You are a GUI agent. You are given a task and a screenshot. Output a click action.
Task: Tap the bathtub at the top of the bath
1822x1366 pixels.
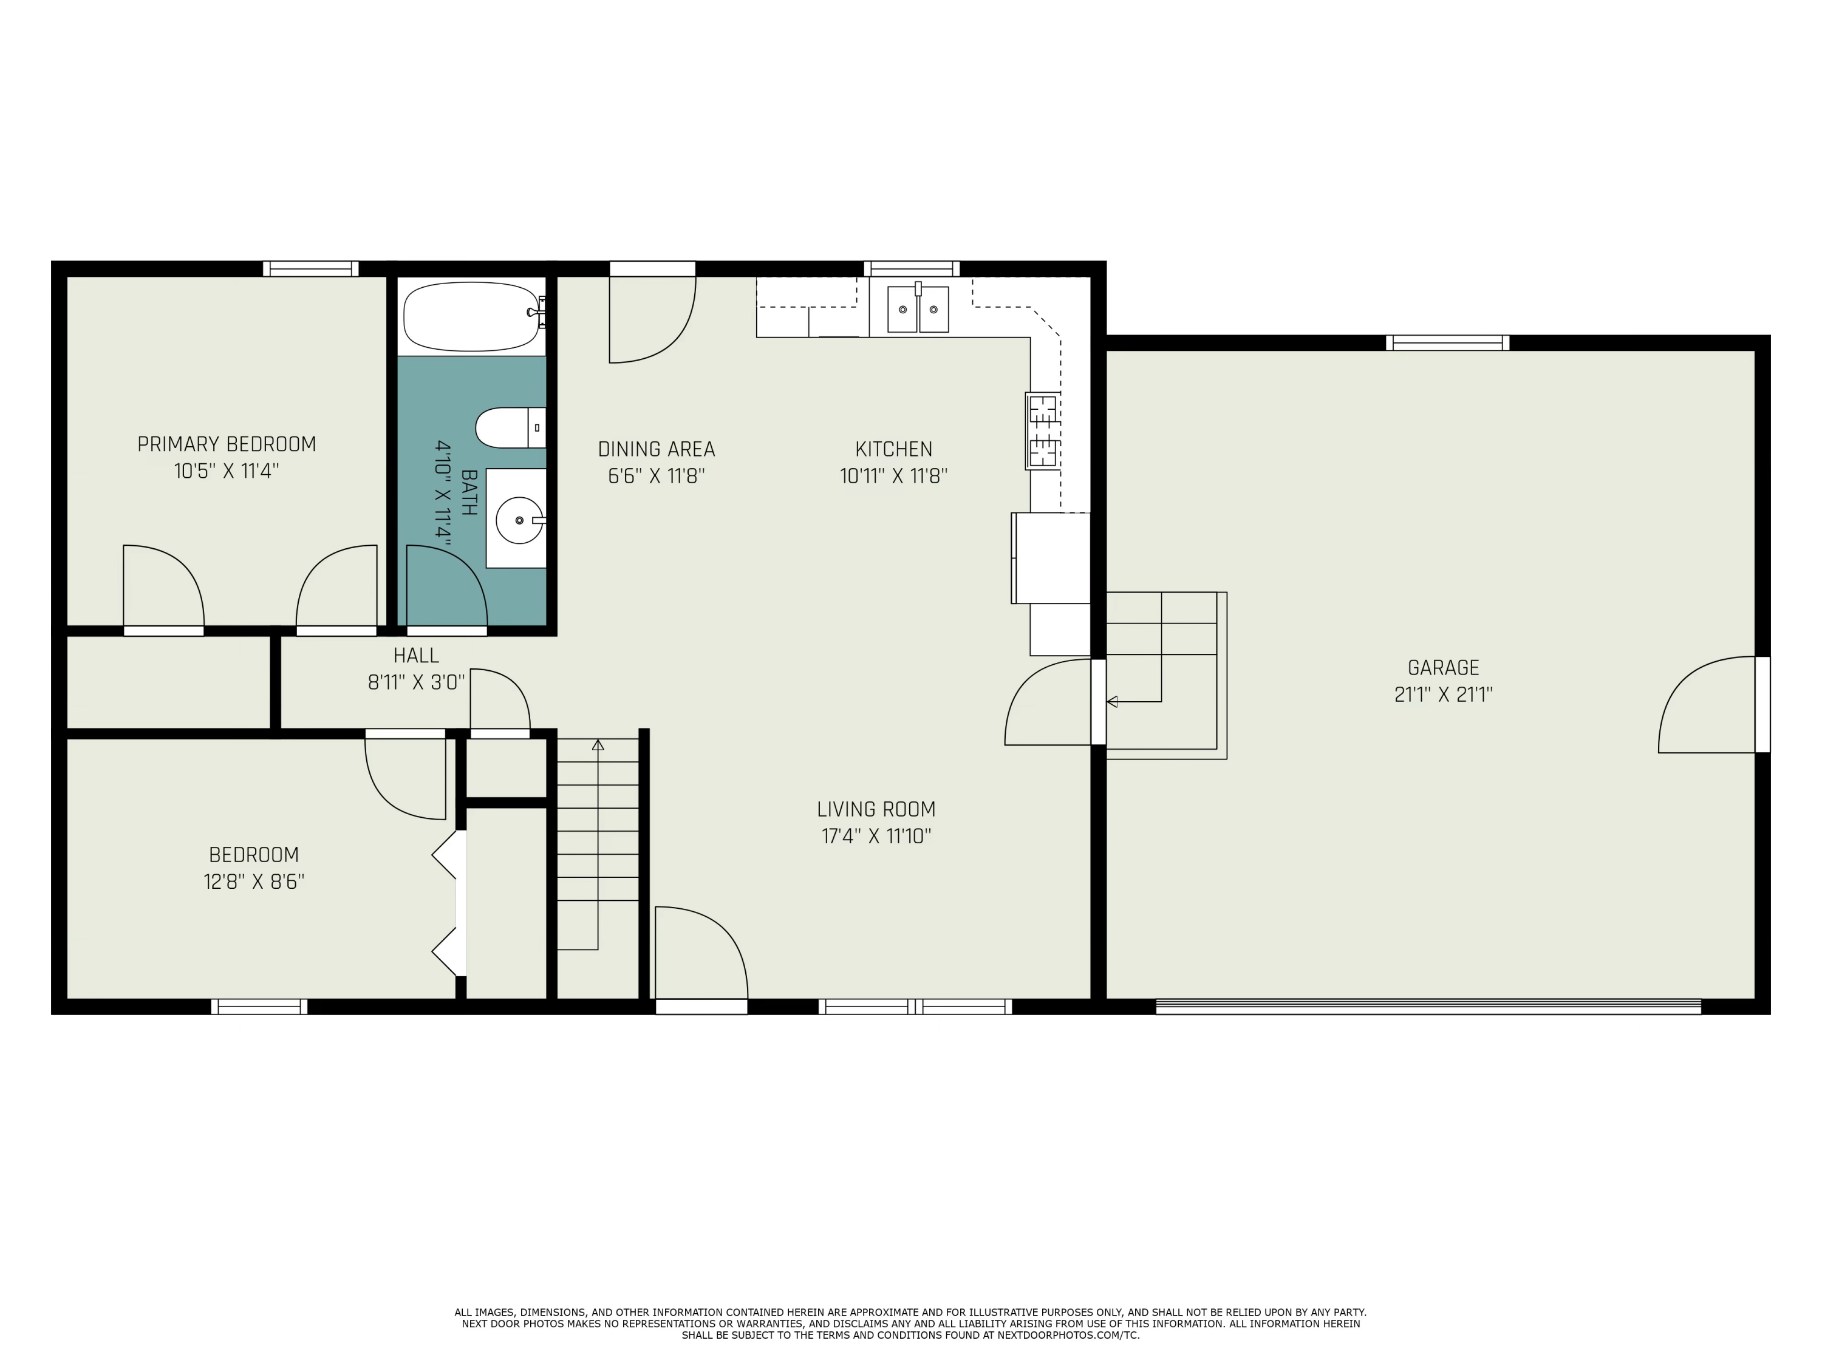(x=471, y=316)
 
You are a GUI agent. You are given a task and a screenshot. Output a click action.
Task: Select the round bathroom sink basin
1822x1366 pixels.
(x=519, y=520)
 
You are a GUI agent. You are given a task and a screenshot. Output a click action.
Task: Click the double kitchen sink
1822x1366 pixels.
(x=918, y=310)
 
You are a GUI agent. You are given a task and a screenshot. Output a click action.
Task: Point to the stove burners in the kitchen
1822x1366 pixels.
(x=1043, y=430)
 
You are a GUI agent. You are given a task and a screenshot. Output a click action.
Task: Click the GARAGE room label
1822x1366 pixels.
(x=1443, y=668)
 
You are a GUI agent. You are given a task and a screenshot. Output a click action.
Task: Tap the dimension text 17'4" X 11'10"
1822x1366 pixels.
(x=876, y=837)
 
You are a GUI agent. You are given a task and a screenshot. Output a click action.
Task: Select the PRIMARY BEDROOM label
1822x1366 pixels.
(x=227, y=444)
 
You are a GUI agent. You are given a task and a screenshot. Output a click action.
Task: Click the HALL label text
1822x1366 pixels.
(x=416, y=656)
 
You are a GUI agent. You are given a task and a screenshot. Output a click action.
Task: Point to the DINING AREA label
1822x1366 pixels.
(x=657, y=450)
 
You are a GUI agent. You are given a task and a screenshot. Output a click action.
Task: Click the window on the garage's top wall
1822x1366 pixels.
(x=1447, y=342)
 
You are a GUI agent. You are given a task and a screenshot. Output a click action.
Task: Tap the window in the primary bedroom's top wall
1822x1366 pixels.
(x=310, y=268)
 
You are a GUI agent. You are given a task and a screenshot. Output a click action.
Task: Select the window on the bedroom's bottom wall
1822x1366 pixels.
(x=259, y=1006)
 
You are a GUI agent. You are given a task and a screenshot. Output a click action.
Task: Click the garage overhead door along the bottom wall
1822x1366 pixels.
(x=1427, y=1006)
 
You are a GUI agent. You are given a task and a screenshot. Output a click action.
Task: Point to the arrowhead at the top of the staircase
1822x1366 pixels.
(x=598, y=745)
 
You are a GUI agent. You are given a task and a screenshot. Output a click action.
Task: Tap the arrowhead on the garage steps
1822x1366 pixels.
(x=1112, y=702)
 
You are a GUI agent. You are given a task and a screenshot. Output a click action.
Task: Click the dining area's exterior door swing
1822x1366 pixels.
(x=650, y=321)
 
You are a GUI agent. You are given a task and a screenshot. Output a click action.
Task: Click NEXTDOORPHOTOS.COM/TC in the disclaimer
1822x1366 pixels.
(x=1068, y=1336)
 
